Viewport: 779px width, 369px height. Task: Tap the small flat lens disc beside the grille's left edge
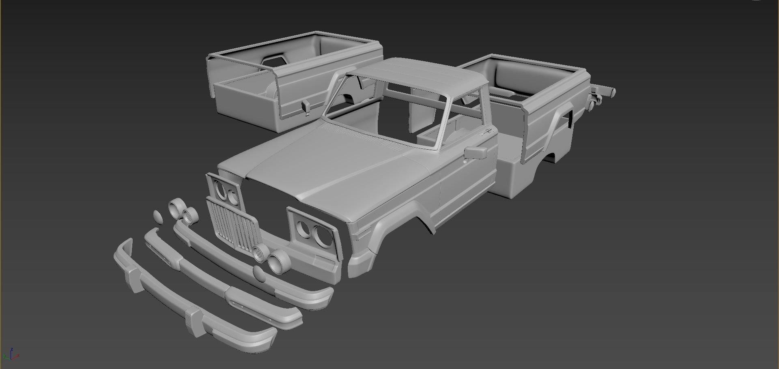pyautogui.click(x=158, y=217)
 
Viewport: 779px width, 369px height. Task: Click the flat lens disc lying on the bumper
pyautogui.click(x=259, y=274)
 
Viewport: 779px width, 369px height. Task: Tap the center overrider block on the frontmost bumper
pyautogui.click(x=194, y=322)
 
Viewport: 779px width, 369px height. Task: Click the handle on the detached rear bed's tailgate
pyautogui.click(x=306, y=106)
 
